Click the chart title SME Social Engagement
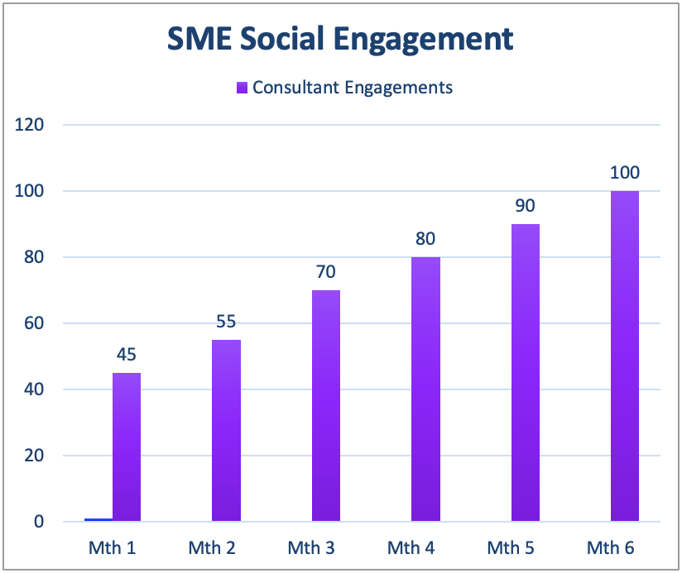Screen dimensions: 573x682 tap(340, 39)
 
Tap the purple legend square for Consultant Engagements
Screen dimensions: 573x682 tap(243, 87)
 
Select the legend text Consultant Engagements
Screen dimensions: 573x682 tap(353, 87)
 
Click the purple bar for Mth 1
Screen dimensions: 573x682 tap(127, 446)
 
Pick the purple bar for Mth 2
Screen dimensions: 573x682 tap(226, 430)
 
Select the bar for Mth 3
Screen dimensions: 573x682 tap(326, 405)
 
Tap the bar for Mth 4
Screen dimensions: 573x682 tap(425, 389)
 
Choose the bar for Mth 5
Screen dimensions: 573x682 tap(526, 372)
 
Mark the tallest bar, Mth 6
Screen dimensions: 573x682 tap(625, 356)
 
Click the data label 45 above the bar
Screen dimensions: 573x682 tap(127, 355)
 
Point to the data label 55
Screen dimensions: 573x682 tap(226, 322)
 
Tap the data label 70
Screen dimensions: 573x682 tap(326, 272)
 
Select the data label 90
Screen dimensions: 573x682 tap(526, 206)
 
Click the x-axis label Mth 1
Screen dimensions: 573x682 tap(112, 547)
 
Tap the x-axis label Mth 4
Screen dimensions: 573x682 tap(411, 547)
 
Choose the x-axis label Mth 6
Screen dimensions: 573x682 tap(610, 547)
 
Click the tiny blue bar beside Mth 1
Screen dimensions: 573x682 tap(98, 519)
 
